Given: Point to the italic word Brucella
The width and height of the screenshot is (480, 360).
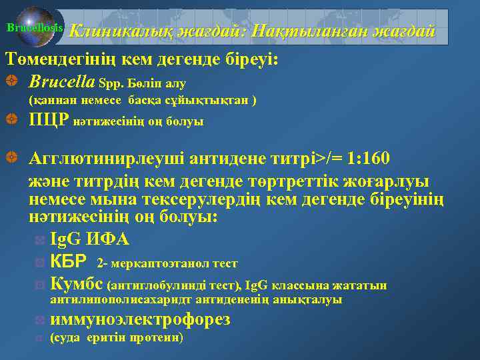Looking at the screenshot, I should tap(61, 83).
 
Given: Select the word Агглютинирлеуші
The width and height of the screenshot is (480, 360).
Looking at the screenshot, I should tap(106, 160).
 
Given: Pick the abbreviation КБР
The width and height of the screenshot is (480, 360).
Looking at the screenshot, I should tap(70, 263).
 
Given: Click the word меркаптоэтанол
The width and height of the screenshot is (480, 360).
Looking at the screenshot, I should tap(164, 264).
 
